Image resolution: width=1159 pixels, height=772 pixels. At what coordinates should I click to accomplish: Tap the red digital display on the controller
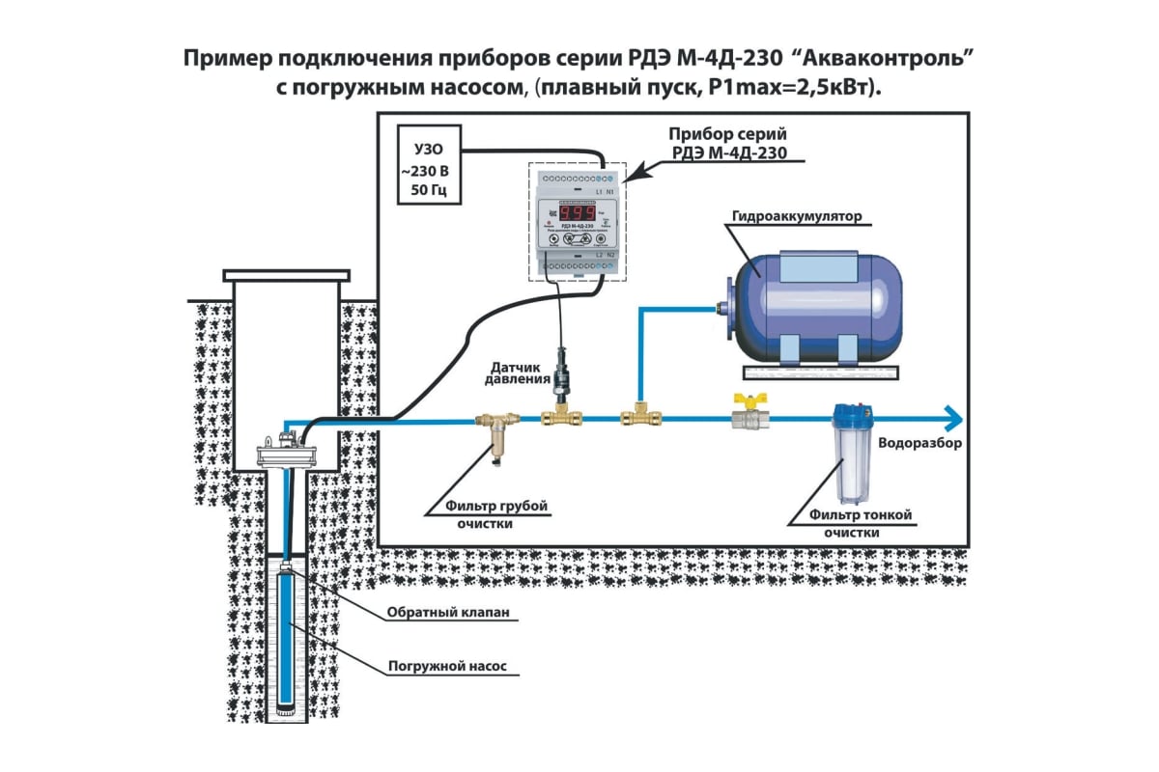[x=576, y=212]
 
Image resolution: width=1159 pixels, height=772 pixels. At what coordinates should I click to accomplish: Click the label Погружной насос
[x=447, y=666]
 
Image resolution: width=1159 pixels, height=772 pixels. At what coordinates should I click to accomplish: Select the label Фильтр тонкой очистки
[x=851, y=523]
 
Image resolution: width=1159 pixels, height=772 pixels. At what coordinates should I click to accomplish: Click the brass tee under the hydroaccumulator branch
[x=636, y=418]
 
